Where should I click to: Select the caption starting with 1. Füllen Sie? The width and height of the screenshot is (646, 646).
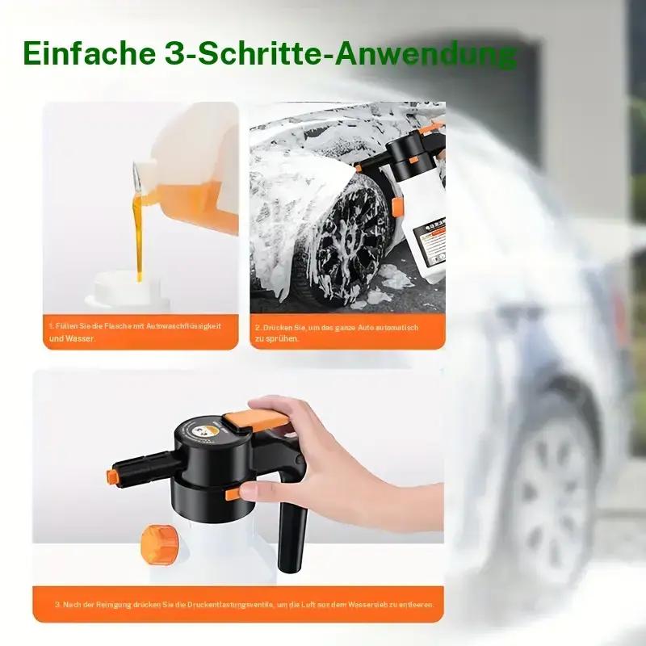pos(133,331)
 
